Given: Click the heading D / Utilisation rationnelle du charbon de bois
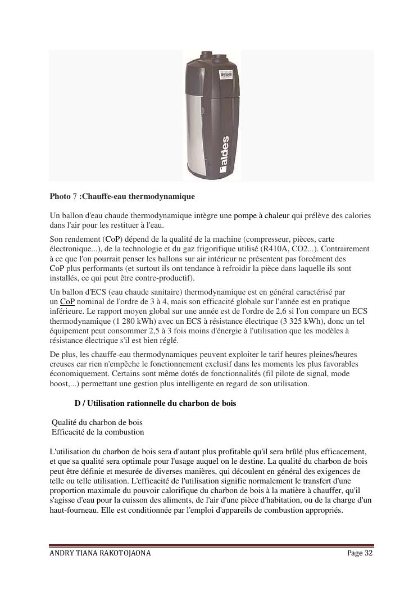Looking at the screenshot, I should tap(155, 403).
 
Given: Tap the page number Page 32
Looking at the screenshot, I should tap(360, 553).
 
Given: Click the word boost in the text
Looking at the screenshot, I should tap(60, 384).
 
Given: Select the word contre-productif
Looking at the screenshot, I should tap(166, 279).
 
